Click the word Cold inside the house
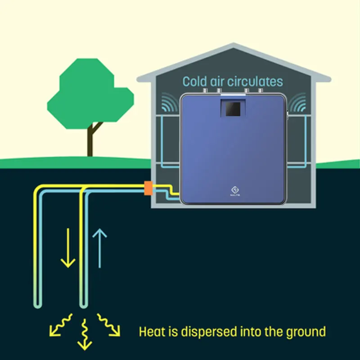(195, 81)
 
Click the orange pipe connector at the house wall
(148, 188)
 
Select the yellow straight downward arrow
(68, 247)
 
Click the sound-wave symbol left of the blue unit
(170, 103)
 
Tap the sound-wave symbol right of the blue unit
(297, 103)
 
